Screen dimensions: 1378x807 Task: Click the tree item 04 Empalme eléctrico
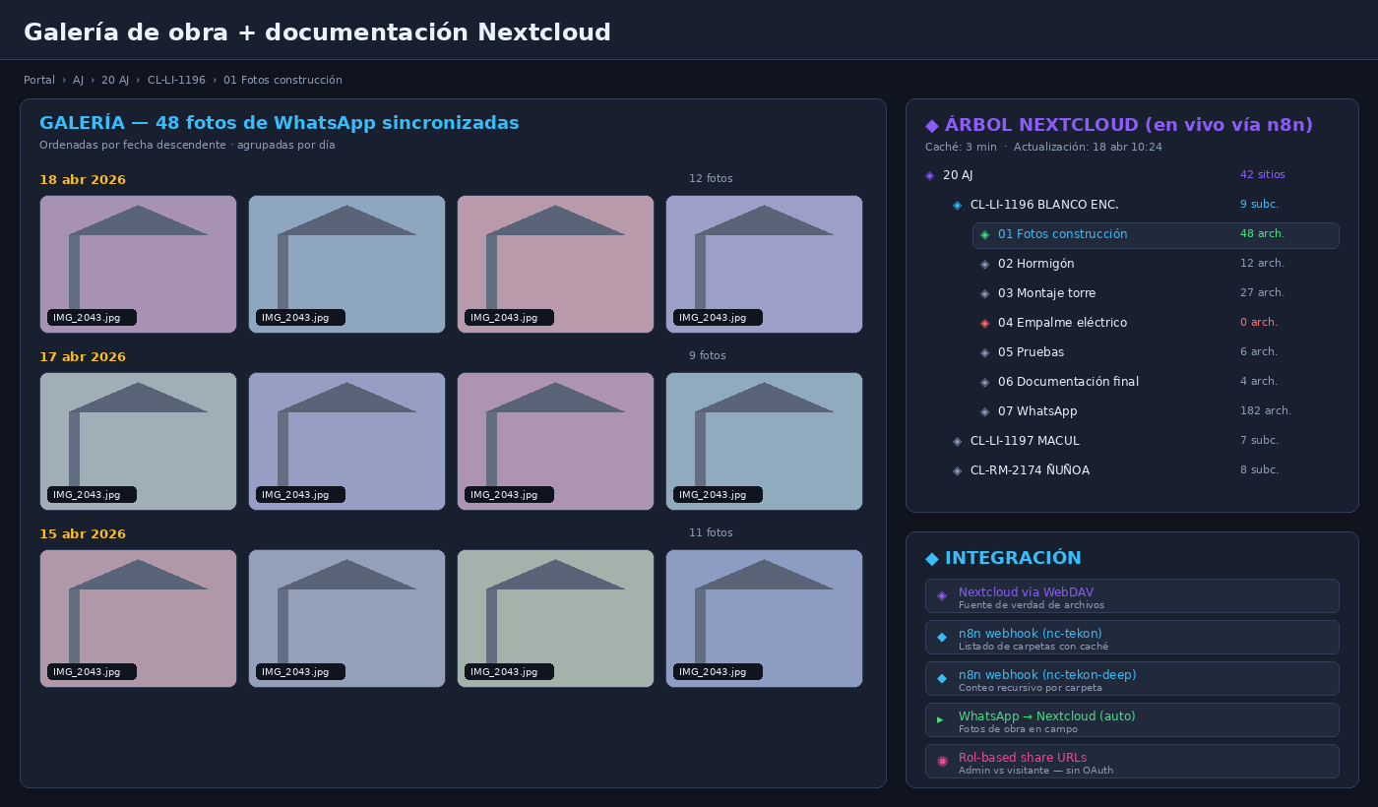pos(1062,323)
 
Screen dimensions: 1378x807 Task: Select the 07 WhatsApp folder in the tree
pos(1037,411)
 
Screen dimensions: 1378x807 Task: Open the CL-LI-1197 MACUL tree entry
pos(1025,441)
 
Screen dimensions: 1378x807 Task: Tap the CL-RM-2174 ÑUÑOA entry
pos(1030,470)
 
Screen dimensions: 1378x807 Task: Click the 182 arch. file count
pos(1266,410)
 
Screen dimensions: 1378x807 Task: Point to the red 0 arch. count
pos(1259,322)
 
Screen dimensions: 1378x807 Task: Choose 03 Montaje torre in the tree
pos(1046,293)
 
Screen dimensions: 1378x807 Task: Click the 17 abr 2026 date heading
pos(83,356)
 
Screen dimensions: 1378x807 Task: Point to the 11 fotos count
pos(711,532)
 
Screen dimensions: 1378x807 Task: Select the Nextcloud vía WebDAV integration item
pos(1132,596)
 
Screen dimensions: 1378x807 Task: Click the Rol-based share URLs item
pos(1132,762)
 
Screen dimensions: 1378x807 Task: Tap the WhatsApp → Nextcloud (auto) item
pos(1132,720)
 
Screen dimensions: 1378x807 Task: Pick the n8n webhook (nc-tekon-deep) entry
pos(1132,678)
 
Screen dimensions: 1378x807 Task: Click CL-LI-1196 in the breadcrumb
pos(176,80)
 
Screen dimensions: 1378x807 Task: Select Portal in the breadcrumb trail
pos(38,80)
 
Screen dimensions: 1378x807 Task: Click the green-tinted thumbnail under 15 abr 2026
pos(555,618)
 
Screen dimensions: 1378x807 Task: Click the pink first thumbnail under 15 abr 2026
pos(138,618)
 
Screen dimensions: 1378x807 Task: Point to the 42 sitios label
pos(1262,175)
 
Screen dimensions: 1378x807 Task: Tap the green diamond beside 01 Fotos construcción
pos(985,235)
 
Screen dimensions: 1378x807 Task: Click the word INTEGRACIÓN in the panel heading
pos(1013,558)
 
